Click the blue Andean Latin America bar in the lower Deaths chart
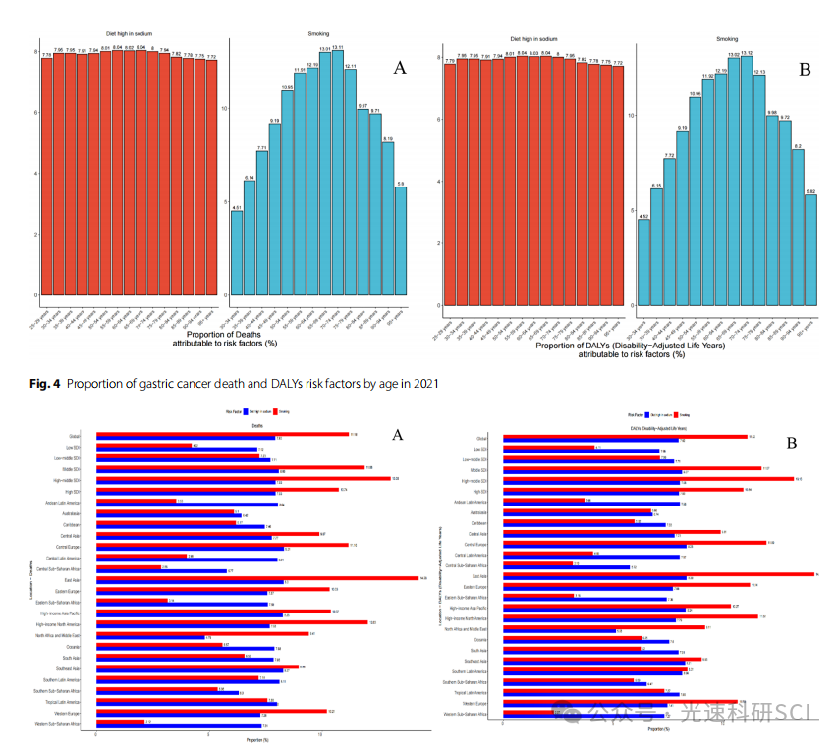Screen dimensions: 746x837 188,505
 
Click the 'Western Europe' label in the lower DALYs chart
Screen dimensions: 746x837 475,703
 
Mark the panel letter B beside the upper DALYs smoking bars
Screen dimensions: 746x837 805,70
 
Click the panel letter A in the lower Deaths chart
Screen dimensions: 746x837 398,435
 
